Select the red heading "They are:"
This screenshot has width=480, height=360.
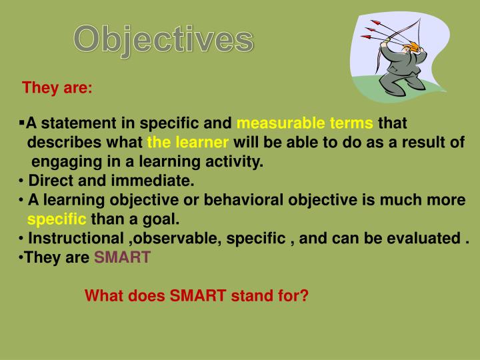(57, 88)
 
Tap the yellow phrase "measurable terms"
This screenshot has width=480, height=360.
(305, 124)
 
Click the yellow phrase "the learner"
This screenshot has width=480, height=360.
(188, 143)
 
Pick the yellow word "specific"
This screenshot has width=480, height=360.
(57, 219)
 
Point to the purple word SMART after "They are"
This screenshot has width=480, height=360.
(122, 257)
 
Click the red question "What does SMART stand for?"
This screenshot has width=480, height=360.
(197, 295)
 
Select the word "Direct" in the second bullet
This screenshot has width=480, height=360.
(50, 181)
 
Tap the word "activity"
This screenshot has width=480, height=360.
(238, 162)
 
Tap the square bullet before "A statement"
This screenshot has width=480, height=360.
(22, 123)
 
